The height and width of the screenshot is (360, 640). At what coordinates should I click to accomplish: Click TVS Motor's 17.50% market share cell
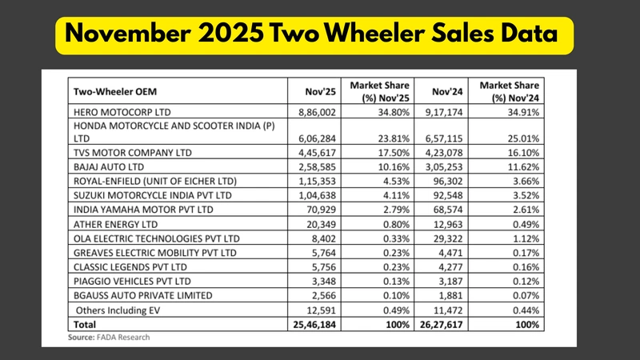[382, 151]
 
